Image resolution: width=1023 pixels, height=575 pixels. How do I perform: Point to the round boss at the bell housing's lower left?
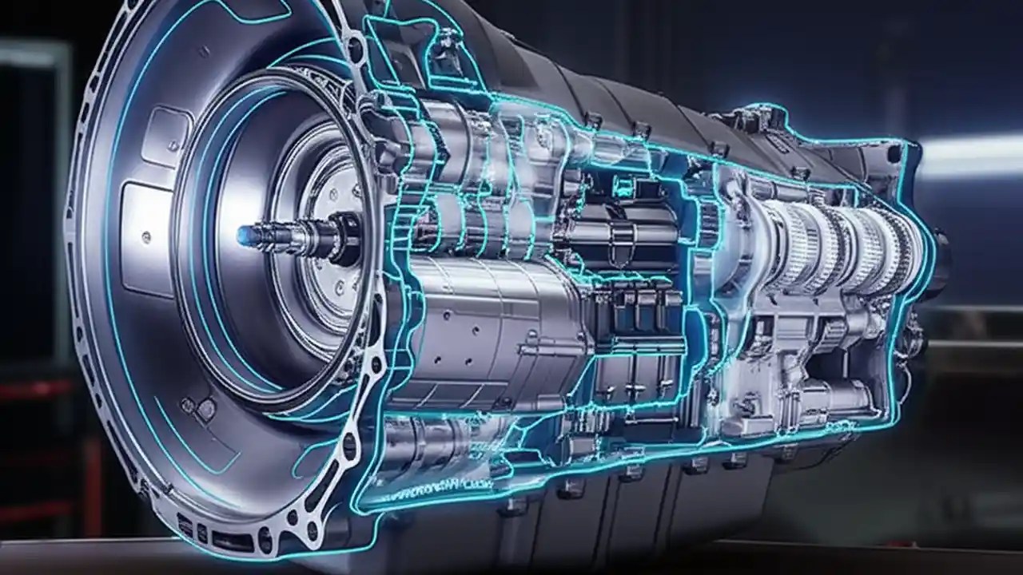[205, 410]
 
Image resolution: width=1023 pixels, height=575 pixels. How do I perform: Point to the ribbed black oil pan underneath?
[639, 511]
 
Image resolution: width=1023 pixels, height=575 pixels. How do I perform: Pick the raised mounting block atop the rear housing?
[751, 120]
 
